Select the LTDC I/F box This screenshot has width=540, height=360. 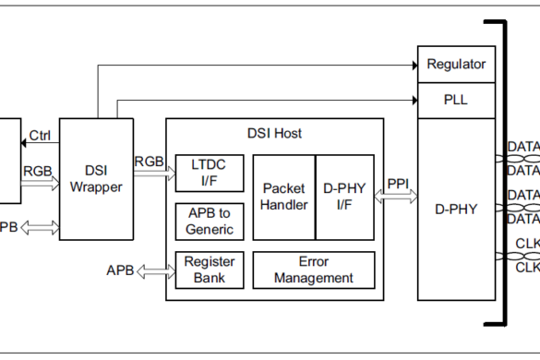tap(210, 173)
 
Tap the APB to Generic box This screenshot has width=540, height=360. tap(210, 221)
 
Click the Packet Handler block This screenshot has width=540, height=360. tap(284, 196)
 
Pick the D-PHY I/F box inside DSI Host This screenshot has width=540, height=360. tap(345, 196)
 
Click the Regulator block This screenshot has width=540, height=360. tap(456, 65)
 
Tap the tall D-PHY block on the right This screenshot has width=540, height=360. tap(456, 210)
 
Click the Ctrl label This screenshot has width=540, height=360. tap(40, 136)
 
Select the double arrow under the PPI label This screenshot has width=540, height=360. tap(397, 196)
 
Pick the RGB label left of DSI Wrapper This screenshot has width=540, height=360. tap(38, 170)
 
